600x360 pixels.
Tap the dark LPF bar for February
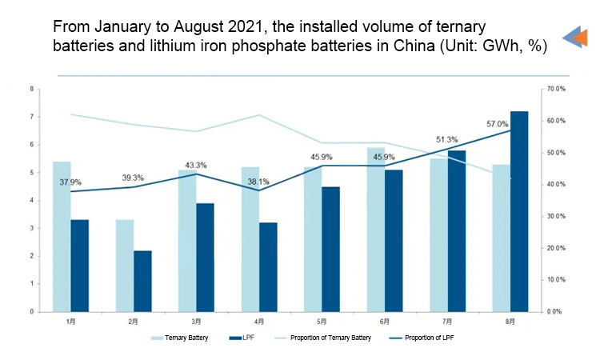click(142, 281)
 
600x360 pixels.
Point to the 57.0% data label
click(498, 124)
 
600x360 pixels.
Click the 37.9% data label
click(70, 182)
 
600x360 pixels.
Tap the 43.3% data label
click(196, 165)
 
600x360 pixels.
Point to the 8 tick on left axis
click(31, 89)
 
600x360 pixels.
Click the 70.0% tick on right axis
click(556, 89)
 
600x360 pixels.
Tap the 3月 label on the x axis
click(196, 321)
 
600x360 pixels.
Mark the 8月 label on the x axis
click(510, 321)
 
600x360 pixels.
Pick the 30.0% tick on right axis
click(556, 216)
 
